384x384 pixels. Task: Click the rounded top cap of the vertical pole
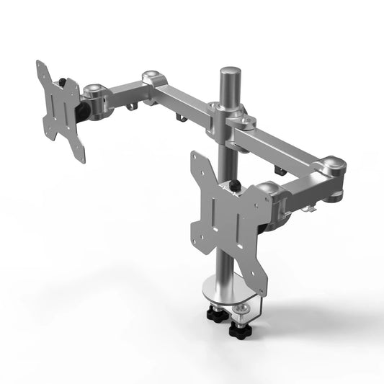(230, 73)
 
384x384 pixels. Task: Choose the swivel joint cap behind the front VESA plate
(268, 191)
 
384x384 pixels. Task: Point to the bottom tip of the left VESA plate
(81, 158)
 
